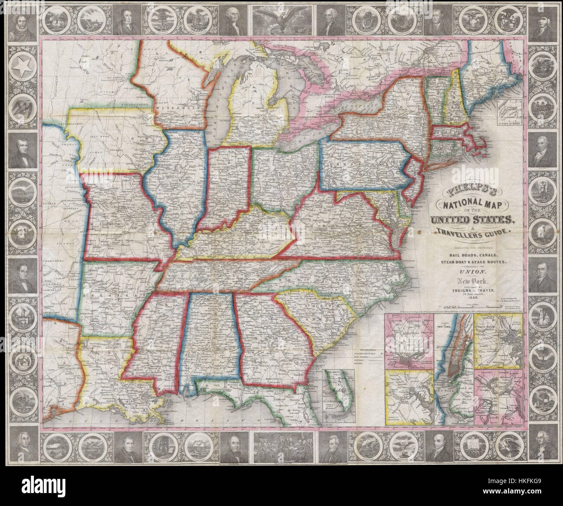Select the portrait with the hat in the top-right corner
pyautogui.click(x=543, y=19)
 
